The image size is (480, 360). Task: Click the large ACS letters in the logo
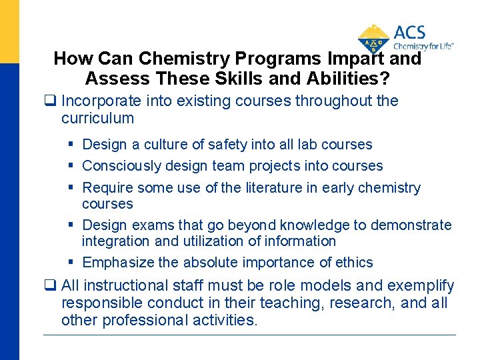pos(409,33)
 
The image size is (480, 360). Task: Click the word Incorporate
pos(101,101)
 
